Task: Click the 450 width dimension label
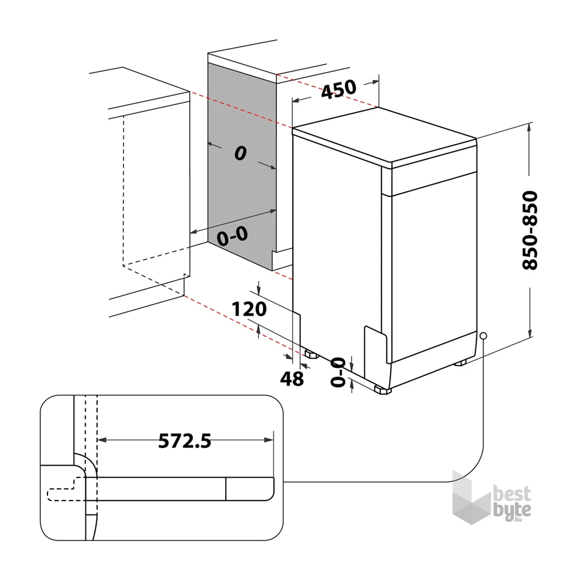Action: point(339,89)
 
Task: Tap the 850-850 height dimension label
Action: point(530,230)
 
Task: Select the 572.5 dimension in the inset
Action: point(185,440)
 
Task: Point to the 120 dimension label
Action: point(249,309)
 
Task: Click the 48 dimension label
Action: point(292,379)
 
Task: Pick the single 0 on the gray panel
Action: point(240,153)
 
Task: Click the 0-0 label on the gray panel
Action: point(232,236)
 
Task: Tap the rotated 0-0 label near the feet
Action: point(337,372)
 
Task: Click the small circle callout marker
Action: point(483,336)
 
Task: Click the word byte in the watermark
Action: point(512,510)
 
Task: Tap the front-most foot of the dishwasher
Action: point(383,390)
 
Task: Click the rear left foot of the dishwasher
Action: point(311,354)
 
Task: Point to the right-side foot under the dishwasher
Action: point(460,363)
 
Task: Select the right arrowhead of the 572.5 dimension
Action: point(269,440)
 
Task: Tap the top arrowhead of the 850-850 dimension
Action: point(530,126)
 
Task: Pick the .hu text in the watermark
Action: point(518,519)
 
